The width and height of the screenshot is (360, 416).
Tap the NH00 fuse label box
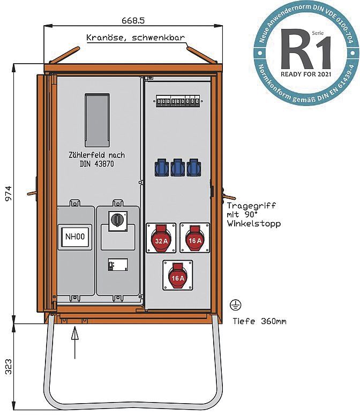(x=71, y=236)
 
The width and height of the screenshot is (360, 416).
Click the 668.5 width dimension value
(x=133, y=20)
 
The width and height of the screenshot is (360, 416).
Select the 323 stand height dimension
(x=9, y=366)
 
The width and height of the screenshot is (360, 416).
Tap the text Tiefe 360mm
(x=259, y=322)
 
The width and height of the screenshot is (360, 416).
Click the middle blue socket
(x=177, y=168)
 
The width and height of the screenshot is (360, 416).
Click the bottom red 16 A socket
(x=177, y=275)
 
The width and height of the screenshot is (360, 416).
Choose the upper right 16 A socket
(x=194, y=238)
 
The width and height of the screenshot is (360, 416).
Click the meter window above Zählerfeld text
(x=97, y=120)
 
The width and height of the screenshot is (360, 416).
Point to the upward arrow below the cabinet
(x=74, y=343)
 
